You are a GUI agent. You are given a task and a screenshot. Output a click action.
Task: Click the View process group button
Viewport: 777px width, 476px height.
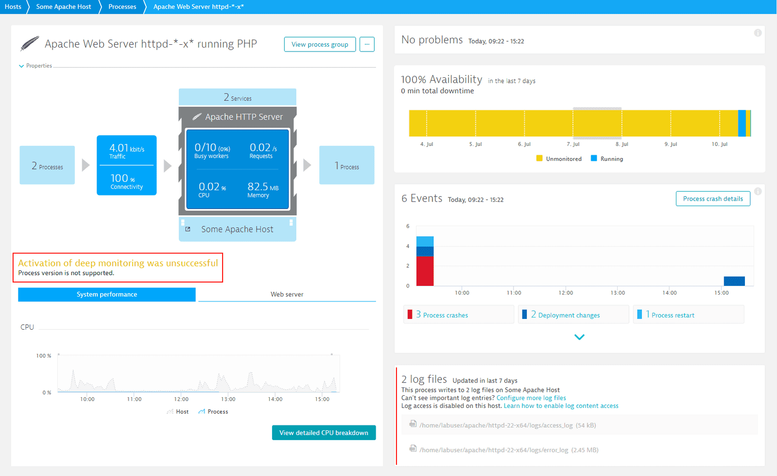(x=320, y=44)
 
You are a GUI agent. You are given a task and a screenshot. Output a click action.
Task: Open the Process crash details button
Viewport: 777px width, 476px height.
(x=712, y=198)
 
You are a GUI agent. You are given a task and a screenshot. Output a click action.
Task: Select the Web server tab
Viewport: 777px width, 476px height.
(x=287, y=294)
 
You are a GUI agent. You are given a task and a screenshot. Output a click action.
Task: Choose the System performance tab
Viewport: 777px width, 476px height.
(x=107, y=294)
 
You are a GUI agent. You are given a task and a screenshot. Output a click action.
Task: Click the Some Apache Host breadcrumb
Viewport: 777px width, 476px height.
(x=63, y=7)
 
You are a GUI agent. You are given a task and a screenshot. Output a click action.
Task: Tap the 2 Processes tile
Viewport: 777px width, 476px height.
(x=47, y=165)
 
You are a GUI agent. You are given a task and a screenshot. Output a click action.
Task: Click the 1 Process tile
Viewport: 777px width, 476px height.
(x=346, y=165)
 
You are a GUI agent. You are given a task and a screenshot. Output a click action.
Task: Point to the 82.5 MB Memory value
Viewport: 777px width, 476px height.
(x=262, y=190)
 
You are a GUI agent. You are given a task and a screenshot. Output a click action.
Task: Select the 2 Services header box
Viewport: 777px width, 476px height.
(x=237, y=97)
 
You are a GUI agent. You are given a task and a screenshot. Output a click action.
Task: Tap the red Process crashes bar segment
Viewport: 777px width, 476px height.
(x=425, y=271)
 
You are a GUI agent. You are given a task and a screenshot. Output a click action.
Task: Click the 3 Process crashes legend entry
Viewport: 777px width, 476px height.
(x=442, y=315)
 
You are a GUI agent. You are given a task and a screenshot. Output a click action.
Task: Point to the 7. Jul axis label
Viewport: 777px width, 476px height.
(x=573, y=144)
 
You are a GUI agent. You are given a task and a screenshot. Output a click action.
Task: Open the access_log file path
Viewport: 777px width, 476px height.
(x=496, y=425)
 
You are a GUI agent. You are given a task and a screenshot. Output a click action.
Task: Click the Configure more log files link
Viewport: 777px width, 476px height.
(x=531, y=398)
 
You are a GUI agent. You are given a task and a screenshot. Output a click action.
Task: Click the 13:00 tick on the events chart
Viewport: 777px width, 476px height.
(x=618, y=293)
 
